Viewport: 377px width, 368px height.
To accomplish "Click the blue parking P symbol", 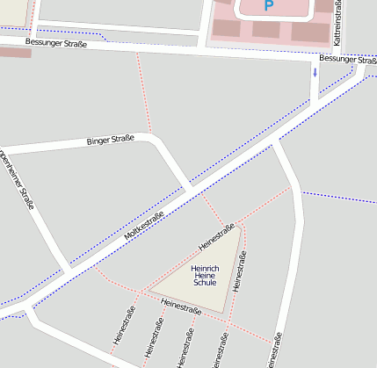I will (x=268, y=6).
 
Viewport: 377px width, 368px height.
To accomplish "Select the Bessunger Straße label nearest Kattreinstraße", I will (x=347, y=59).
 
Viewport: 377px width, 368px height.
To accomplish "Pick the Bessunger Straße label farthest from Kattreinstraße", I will (x=56, y=42).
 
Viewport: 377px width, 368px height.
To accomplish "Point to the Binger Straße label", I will (x=110, y=141).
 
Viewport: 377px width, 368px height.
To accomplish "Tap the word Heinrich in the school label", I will (x=204, y=268).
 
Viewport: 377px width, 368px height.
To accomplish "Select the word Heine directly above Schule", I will (x=204, y=276).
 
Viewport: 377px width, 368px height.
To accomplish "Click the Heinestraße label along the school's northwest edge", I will (x=217, y=235).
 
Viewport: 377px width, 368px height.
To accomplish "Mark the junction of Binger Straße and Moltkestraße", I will (x=190, y=191).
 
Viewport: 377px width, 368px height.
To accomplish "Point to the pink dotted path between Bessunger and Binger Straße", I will (x=143, y=97).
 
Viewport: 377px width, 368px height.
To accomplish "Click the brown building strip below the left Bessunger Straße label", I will (x=15, y=53).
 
